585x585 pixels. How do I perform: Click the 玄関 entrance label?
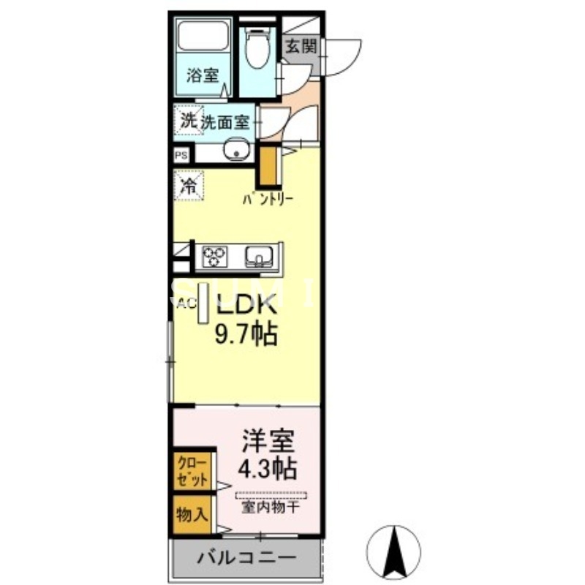301,47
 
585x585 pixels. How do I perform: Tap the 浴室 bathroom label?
203,75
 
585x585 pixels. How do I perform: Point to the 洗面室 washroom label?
225,121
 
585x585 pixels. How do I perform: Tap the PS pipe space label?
181,155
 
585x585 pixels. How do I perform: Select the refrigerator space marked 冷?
188,185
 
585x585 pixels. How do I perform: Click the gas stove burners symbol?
214,255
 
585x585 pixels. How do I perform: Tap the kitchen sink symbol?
259,255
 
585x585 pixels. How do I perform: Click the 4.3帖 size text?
268,465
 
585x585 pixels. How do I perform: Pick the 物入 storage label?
191,514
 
